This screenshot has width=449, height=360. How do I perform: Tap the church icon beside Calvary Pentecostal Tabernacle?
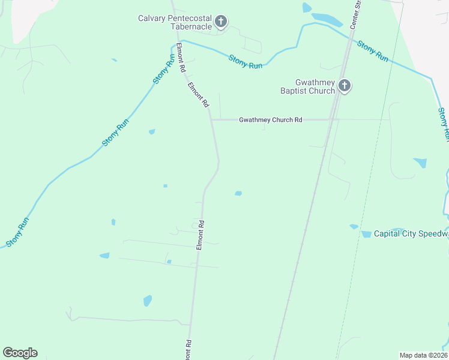(221, 22)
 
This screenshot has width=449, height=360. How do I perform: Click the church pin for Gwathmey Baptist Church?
(344, 86)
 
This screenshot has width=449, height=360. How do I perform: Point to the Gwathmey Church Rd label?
(270, 119)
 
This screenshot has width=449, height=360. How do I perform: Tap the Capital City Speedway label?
(411, 233)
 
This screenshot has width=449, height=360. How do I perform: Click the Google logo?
(20, 353)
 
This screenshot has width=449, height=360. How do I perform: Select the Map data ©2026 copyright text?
(424, 355)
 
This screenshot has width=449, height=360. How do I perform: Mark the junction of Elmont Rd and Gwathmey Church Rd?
(211, 119)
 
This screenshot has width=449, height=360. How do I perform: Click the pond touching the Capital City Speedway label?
(366, 234)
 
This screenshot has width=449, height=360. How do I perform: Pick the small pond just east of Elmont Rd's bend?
(238, 193)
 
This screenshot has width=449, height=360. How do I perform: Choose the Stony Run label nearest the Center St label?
(373, 50)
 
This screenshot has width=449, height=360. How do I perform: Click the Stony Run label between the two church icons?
(246, 61)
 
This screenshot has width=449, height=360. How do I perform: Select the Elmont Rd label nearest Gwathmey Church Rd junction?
(198, 94)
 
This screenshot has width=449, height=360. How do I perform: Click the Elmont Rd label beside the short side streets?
(201, 235)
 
